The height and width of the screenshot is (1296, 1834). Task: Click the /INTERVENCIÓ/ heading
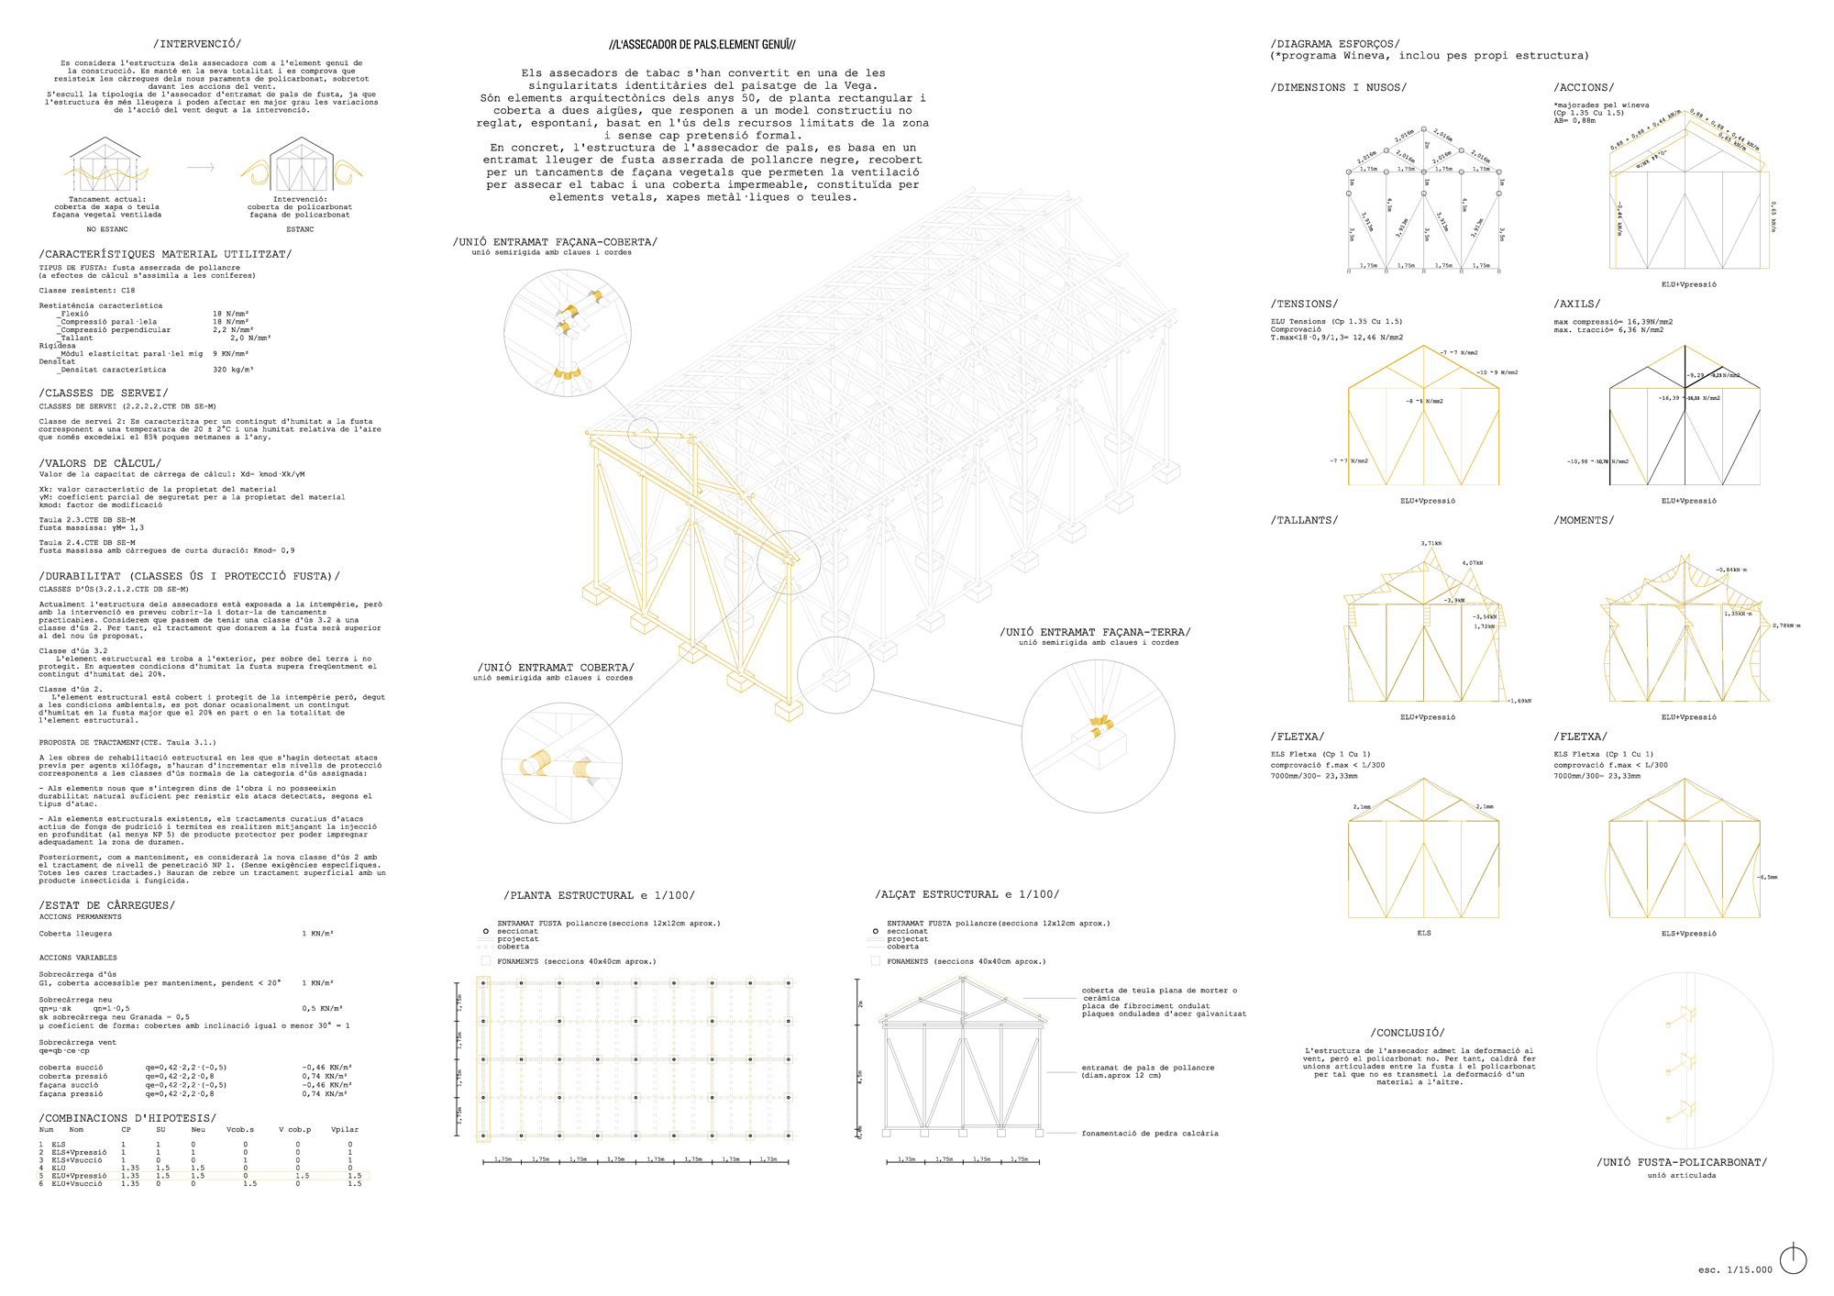pos(197,44)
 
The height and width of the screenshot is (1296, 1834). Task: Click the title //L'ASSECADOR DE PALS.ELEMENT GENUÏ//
pos(702,45)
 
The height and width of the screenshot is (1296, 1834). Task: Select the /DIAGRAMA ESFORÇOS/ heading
pos(1335,44)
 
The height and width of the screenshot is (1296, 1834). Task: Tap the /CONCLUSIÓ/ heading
pos(1408,1033)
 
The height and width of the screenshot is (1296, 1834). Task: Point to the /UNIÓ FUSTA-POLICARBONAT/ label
pos(1681,1162)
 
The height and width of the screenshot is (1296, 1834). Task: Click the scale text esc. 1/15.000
pos(1735,1269)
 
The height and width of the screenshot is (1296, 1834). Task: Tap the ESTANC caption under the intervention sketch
pos(300,229)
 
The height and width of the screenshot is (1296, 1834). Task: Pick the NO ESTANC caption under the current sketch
pos(107,229)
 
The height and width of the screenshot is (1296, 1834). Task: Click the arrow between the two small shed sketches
pos(200,168)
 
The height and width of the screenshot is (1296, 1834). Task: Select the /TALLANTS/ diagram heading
pos(1304,520)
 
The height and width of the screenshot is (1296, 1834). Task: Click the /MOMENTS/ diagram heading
pos(1584,520)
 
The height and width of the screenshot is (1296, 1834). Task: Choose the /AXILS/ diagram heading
pos(1577,304)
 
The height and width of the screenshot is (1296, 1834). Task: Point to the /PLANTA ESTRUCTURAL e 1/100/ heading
pos(599,895)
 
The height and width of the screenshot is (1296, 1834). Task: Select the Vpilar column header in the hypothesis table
pos(345,1130)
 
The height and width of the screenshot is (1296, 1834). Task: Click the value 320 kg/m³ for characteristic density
pos(233,370)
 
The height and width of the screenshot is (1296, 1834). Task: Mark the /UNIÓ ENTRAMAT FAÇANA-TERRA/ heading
pos(1095,632)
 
